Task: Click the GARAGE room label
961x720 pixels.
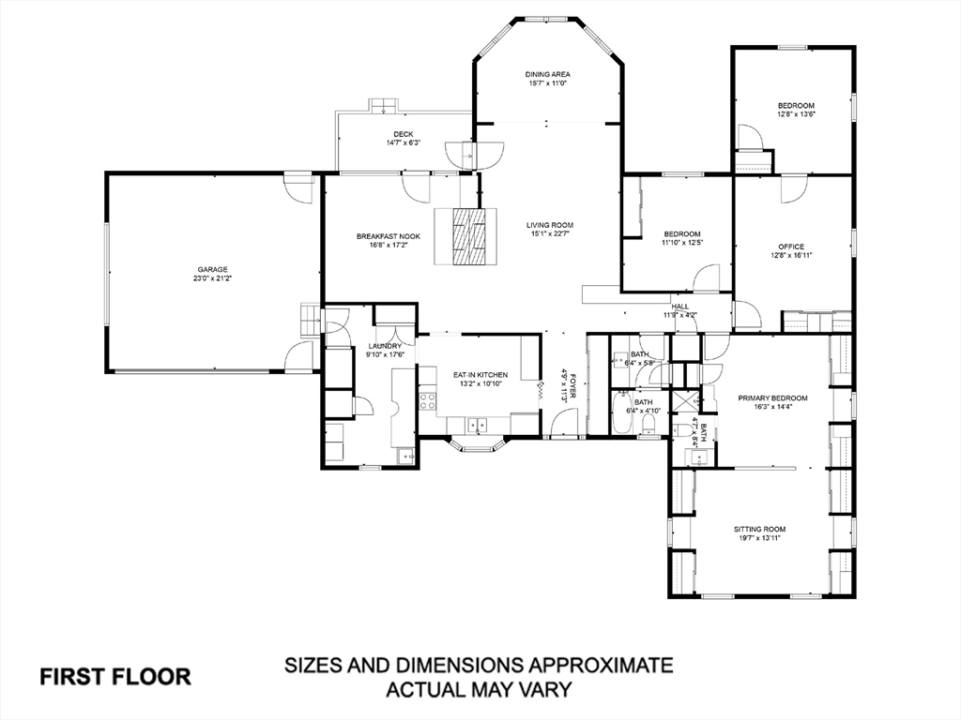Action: coord(213,269)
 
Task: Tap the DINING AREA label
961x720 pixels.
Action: coord(547,75)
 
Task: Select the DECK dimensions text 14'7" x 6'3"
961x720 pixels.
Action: coord(404,143)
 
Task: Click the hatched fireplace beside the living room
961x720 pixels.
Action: coord(467,236)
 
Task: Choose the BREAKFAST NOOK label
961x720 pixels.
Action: coord(389,236)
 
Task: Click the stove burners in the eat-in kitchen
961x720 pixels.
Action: coord(428,401)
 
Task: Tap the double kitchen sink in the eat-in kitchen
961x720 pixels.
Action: coord(477,424)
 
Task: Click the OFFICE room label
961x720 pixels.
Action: coord(791,247)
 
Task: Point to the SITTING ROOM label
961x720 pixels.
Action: coord(760,529)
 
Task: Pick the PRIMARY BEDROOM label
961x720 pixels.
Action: coord(772,397)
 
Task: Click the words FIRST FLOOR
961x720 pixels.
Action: coord(115,677)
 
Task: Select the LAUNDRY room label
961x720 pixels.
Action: coord(384,346)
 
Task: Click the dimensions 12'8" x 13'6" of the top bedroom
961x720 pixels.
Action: coord(796,113)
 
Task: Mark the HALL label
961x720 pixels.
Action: coord(679,307)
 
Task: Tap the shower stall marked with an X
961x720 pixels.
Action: coord(684,401)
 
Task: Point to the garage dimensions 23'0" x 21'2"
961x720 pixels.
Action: coord(213,277)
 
